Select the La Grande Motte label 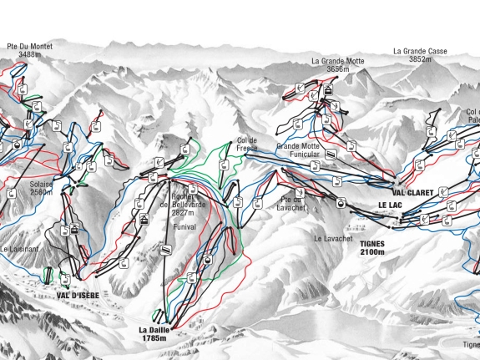(x=338, y=61)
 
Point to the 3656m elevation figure (x=338, y=69)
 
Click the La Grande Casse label (x=420, y=51)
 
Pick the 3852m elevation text (x=420, y=59)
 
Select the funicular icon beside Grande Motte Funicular (x=332, y=155)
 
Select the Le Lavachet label (x=332, y=238)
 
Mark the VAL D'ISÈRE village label (x=73, y=295)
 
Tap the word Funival (x=184, y=226)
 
